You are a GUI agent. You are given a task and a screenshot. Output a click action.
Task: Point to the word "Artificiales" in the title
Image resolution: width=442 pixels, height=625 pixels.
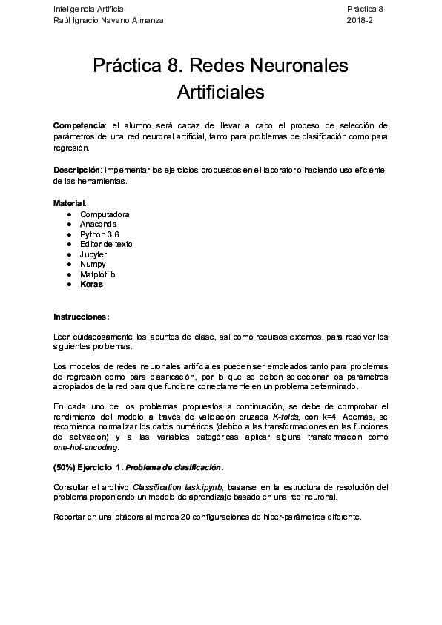pos(221,93)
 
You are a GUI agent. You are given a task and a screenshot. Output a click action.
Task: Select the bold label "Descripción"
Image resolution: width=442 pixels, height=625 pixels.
pos(76,170)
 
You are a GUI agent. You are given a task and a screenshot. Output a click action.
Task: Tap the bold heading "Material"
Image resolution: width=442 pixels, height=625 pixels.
pos(69,203)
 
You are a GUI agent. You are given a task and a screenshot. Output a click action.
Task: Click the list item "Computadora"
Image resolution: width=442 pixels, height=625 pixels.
pos(105,214)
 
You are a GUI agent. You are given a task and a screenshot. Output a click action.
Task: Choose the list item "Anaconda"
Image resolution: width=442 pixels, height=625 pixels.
pos(98,224)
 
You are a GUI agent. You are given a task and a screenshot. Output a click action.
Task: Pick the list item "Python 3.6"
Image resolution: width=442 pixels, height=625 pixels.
pos(99,234)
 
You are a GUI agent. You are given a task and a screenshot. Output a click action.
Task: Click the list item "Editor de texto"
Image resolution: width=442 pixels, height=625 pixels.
pos(106,244)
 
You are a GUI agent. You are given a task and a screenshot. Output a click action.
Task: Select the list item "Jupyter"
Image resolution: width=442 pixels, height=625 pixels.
pos(93,254)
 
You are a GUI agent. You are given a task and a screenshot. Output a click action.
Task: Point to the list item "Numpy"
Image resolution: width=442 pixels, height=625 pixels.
pos(93,264)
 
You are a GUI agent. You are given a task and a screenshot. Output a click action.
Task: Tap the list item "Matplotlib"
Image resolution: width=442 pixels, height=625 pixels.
pos(98,274)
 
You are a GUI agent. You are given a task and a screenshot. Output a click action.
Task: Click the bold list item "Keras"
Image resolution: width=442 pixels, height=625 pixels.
pos(91,284)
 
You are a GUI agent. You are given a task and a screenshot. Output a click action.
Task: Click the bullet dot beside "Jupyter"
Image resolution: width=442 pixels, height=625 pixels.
pos(68,254)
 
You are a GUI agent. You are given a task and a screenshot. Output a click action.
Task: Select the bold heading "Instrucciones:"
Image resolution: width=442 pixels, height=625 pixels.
pos(82,317)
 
